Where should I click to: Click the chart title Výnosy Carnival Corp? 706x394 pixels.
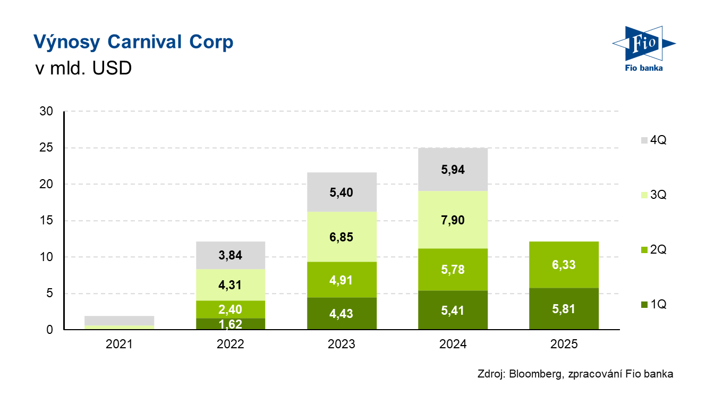pyautogui.click(x=133, y=42)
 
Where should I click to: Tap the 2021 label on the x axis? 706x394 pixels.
pyautogui.click(x=119, y=344)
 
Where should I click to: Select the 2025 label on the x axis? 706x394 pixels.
pyautogui.click(x=564, y=344)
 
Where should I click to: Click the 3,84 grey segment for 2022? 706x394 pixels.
pyautogui.click(x=230, y=255)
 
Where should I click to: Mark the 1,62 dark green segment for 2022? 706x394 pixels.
pyautogui.click(x=230, y=323)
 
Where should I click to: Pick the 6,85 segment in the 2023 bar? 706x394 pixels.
pyautogui.click(x=342, y=237)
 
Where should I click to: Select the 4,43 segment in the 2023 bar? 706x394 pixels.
pyautogui.click(x=342, y=314)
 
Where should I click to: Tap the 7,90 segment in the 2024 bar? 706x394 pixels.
pyautogui.click(x=453, y=220)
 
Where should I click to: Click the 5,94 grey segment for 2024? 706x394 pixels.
pyautogui.click(x=453, y=170)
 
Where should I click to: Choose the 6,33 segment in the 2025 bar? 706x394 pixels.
pyautogui.click(x=564, y=265)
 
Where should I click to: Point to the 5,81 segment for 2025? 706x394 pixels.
pyautogui.click(x=564, y=309)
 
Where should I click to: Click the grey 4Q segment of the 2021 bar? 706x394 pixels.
pyautogui.click(x=119, y=320)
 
